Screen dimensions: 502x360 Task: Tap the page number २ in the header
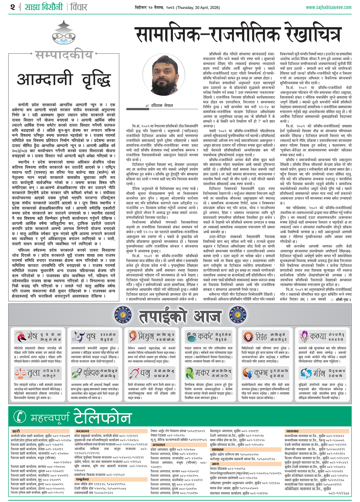[x=12, y=7]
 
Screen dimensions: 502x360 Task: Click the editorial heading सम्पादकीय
[x=64, y=55]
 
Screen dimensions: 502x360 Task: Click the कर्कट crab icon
[x=191, y=337]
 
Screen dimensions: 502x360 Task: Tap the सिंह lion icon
[x=248, y=337]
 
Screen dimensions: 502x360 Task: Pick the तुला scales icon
[x=20, y=373]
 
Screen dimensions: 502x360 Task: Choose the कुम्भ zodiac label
[x=261, y=373]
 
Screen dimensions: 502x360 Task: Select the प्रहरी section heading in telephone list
[x=16, y=431]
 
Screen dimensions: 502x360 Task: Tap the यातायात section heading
[x=292, y=431]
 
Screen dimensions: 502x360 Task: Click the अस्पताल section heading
[x=158, y=445]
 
